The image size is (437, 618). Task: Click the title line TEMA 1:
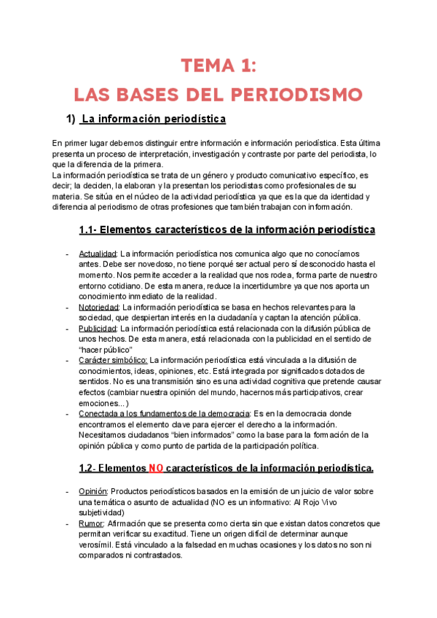[x=219, y=67]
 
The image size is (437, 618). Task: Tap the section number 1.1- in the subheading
[x=89, y=230]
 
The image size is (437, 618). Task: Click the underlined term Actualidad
[x=98, y=254]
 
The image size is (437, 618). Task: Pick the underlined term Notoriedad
[x=99, y=307]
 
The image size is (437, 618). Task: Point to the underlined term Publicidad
[x=98, y=329]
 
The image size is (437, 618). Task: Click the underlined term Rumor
[x=91, y=523]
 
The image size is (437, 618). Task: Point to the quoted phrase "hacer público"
[x=106, y=349]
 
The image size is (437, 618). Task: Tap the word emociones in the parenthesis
[x=101, y=402]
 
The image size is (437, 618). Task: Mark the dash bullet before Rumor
[x=67, y=523]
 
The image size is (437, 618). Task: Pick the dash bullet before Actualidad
[x=67, y=254]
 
